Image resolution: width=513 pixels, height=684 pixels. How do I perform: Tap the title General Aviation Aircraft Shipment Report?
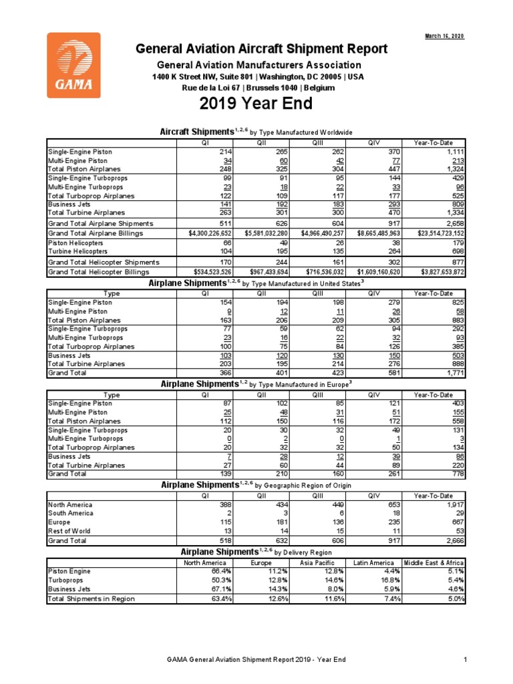tap(261, 49)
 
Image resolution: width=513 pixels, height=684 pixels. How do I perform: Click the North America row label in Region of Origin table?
tap(70, 505)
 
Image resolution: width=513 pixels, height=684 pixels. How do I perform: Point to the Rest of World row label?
tap(70, 531)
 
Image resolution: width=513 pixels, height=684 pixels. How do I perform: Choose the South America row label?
tap(71, 514)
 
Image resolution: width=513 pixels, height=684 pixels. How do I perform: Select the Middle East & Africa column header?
tap(434, 562)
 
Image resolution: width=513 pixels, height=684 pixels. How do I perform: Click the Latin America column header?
tap(375, 562)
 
